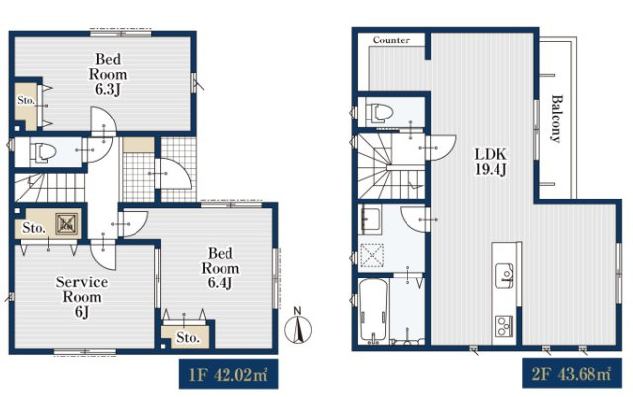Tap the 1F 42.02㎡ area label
click(228, 375)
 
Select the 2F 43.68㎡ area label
click(572, 374)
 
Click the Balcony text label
click(557, 119)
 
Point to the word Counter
click(392, 40)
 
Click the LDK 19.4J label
click(491, 161)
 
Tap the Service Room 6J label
click(82, 297)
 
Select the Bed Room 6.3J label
click(108, 74)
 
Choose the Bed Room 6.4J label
click(220, 268)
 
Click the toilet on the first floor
click(42, 152)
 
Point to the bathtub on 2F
click(374, 309)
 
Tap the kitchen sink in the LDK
click(504, 276)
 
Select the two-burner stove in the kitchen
click(503, 326)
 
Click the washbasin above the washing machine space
click(370, 219)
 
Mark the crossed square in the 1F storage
click(66, 224)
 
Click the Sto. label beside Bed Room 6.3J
click(26, 100)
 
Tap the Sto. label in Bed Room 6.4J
click(188, 337)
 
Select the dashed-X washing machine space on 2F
click(372, 255)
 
